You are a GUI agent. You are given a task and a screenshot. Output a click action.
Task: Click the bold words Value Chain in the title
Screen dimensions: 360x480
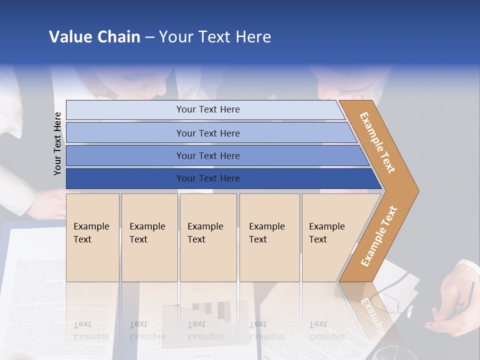94,37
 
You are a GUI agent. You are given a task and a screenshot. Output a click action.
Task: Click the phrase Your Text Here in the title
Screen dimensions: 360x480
215,37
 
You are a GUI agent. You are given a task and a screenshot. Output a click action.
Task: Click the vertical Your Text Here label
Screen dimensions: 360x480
57,143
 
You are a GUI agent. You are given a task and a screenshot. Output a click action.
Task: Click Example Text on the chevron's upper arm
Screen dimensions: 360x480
377,142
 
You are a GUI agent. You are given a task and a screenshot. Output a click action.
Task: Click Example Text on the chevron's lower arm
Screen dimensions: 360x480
378,236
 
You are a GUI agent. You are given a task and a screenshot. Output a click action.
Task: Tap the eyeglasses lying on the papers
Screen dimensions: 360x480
395,300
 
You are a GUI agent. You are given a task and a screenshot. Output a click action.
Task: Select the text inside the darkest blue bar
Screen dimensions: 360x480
208,178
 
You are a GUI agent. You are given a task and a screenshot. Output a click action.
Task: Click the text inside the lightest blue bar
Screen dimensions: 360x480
208,109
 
